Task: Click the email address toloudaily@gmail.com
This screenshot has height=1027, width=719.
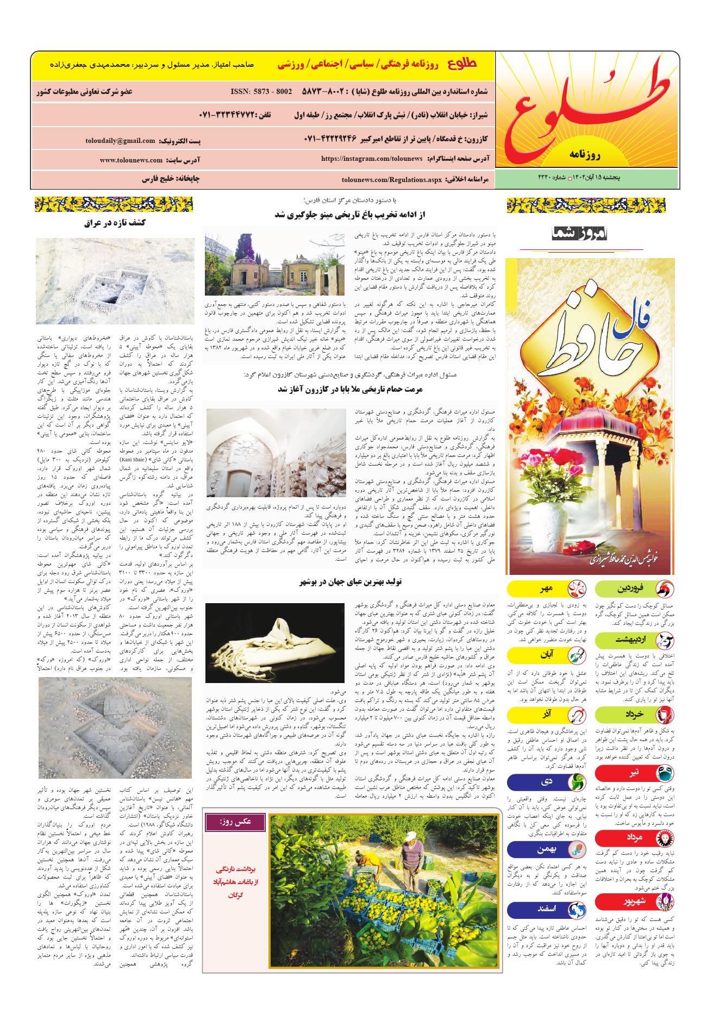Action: pyautogui.click(x=120, y=141)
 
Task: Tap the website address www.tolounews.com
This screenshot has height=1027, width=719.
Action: pyautogui.click(x=131, y=160)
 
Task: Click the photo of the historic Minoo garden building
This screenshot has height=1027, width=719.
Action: pyautogui.click(x=275, y=264)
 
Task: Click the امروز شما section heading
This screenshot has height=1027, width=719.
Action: pyautogui.click(x=580, y=235)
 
